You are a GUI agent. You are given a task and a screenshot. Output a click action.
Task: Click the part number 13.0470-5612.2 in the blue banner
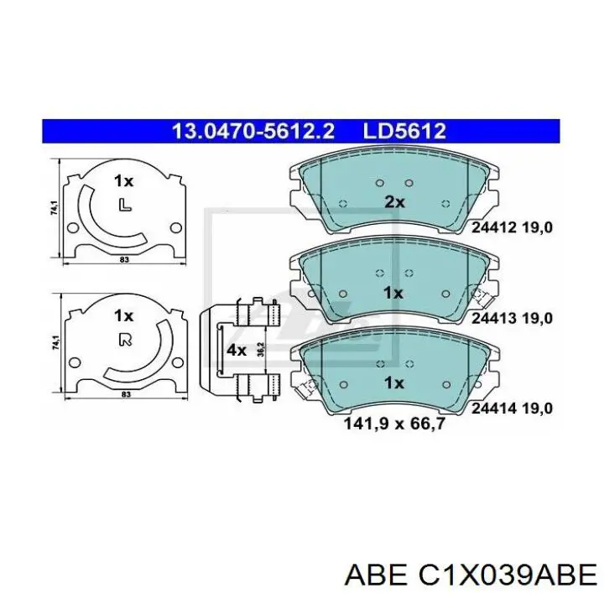253,132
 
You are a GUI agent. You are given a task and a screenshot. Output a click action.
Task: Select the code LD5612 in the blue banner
404,132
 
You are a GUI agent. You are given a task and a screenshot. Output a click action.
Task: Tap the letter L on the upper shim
124,205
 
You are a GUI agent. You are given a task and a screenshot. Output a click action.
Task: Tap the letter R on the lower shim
125,340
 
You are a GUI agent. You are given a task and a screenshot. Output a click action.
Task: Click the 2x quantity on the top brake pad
394,202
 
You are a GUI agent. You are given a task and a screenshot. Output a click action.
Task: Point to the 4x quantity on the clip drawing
236,350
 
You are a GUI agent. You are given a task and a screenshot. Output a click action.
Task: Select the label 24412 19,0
512,227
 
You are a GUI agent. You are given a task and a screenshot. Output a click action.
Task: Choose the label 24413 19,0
512,318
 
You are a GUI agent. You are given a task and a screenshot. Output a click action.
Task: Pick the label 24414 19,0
512,409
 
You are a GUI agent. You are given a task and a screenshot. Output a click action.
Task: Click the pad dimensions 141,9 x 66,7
394,424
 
